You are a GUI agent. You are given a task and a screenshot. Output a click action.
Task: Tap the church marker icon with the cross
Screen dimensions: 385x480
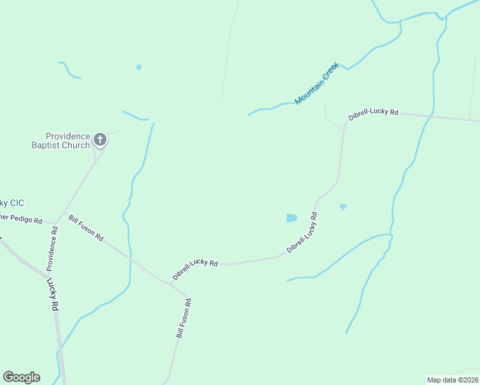tap(100, 139)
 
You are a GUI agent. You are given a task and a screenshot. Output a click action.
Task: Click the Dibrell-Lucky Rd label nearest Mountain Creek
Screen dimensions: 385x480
tap(373, 115)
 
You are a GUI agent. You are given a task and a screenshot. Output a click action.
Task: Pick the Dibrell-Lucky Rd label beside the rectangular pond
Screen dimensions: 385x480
tap(303, 232)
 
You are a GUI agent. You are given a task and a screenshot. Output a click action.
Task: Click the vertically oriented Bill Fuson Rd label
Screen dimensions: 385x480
tap(184, 318)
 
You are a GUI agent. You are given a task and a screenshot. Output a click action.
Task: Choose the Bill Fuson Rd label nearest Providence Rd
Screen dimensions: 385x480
tap(86, 228)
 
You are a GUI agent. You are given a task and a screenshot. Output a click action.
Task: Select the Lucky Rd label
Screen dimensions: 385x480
tap(52, 295)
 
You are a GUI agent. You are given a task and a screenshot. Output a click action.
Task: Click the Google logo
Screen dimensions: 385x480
tap(21, 377)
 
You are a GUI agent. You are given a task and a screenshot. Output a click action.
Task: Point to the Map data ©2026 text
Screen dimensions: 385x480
tap(452, 380)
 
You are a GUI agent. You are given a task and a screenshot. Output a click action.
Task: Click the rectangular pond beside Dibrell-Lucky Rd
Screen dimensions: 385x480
tap(291, 218)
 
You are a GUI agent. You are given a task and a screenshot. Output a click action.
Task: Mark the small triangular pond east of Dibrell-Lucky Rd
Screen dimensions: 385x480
tap(343, 207)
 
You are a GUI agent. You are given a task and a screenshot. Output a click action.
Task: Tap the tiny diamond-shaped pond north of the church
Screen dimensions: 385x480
tap(139, 67)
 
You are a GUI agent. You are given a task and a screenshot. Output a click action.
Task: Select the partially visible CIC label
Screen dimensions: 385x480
tap(13, 203)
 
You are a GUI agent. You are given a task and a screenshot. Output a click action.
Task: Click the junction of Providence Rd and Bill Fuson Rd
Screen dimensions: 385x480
tap(57, 223)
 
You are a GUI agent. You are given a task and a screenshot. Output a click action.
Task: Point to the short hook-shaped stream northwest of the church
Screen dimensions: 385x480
tap(68, 70)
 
